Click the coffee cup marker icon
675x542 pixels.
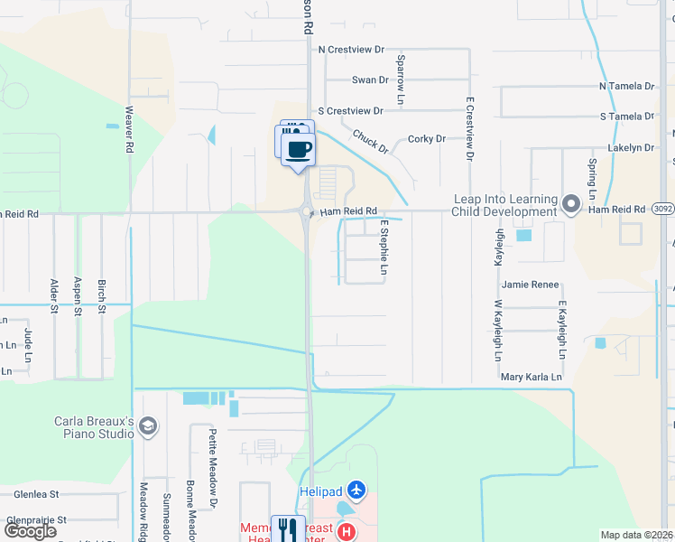300,148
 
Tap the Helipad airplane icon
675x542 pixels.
357,490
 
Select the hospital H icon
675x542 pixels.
345,532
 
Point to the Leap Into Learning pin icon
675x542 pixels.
570,204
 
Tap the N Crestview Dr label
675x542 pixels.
351,51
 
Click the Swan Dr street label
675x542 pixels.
370,79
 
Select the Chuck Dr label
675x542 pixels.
370,141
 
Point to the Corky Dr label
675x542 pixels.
427,139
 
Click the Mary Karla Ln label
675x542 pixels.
532,377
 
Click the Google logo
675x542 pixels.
31,531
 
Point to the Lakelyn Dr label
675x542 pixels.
631,147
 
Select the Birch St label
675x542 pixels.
102,295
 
